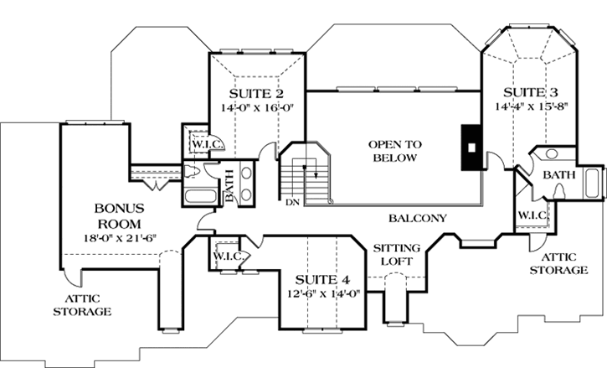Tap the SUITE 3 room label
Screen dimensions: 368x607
click(x=526, y=91)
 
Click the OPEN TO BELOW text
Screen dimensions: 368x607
click(x=395, y=151)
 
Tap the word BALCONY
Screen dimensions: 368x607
click(x=418, y=218)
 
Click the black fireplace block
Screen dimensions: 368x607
click(x=471, y=146)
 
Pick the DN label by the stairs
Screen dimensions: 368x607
click(x=293, y=201)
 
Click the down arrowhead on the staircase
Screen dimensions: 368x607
click(x=316, y=175)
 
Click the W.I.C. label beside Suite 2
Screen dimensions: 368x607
click(x=203, y=144)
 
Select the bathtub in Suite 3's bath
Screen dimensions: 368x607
click(x=594, y=182)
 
